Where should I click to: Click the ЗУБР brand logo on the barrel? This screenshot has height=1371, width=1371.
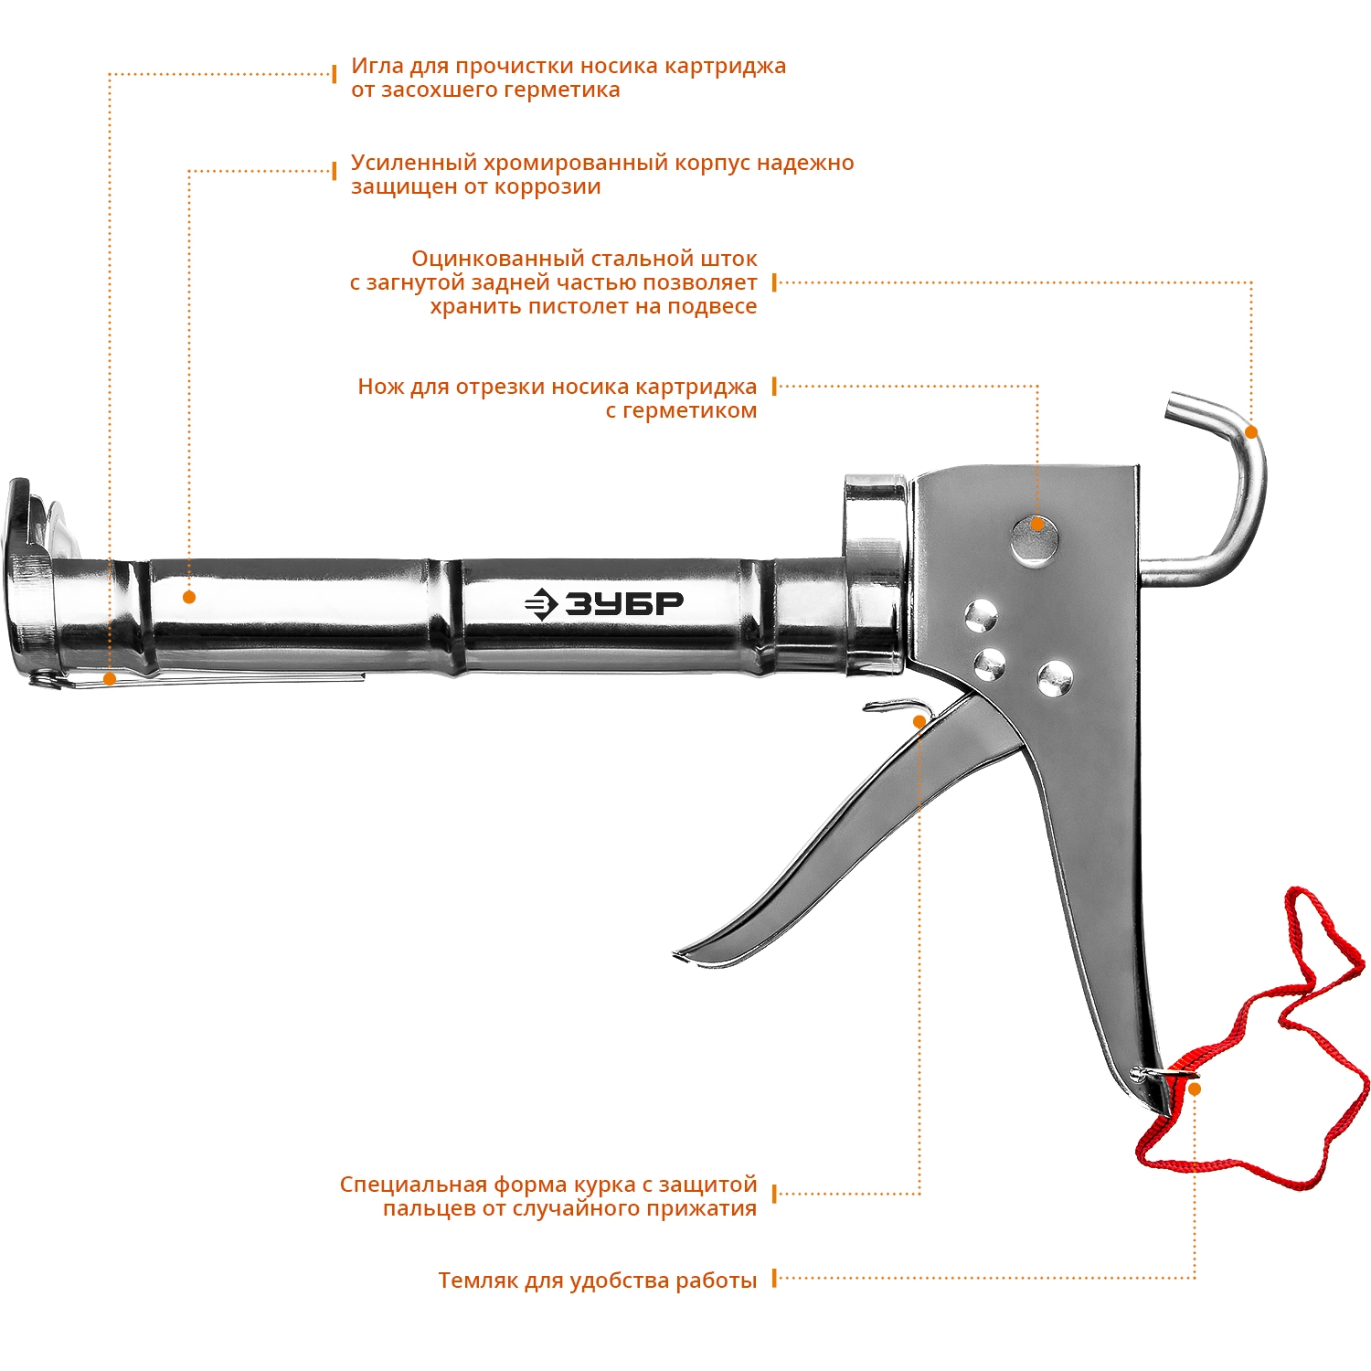604,604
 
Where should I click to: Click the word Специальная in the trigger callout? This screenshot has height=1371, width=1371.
413,1185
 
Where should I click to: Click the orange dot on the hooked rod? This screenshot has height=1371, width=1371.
1251,432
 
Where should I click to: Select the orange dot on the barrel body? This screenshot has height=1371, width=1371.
189,597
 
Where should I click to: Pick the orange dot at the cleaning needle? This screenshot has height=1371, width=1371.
110,679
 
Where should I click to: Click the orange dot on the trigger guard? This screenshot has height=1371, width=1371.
919,722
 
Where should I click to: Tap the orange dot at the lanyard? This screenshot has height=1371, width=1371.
1194,1089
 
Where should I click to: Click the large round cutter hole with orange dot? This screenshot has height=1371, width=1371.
1036,538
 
